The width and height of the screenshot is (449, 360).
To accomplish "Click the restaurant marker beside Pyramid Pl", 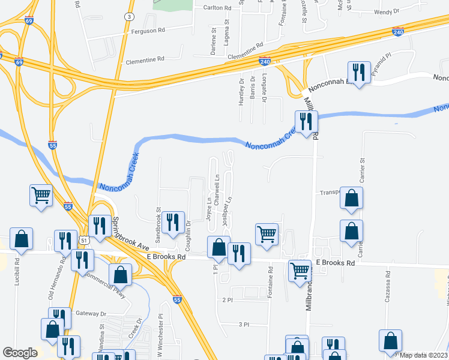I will coord(359,73).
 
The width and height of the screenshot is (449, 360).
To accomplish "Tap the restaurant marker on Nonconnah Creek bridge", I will coord(306,122).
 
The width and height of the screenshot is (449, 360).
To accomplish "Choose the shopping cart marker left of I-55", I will coord(41,194).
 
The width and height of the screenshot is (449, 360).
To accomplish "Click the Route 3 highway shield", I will coord(129,16).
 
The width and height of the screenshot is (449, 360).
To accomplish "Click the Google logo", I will coord(20,353).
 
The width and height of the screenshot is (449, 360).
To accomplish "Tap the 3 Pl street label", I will coord(244,324).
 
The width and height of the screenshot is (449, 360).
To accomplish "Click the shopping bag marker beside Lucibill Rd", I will coord(22,239).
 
